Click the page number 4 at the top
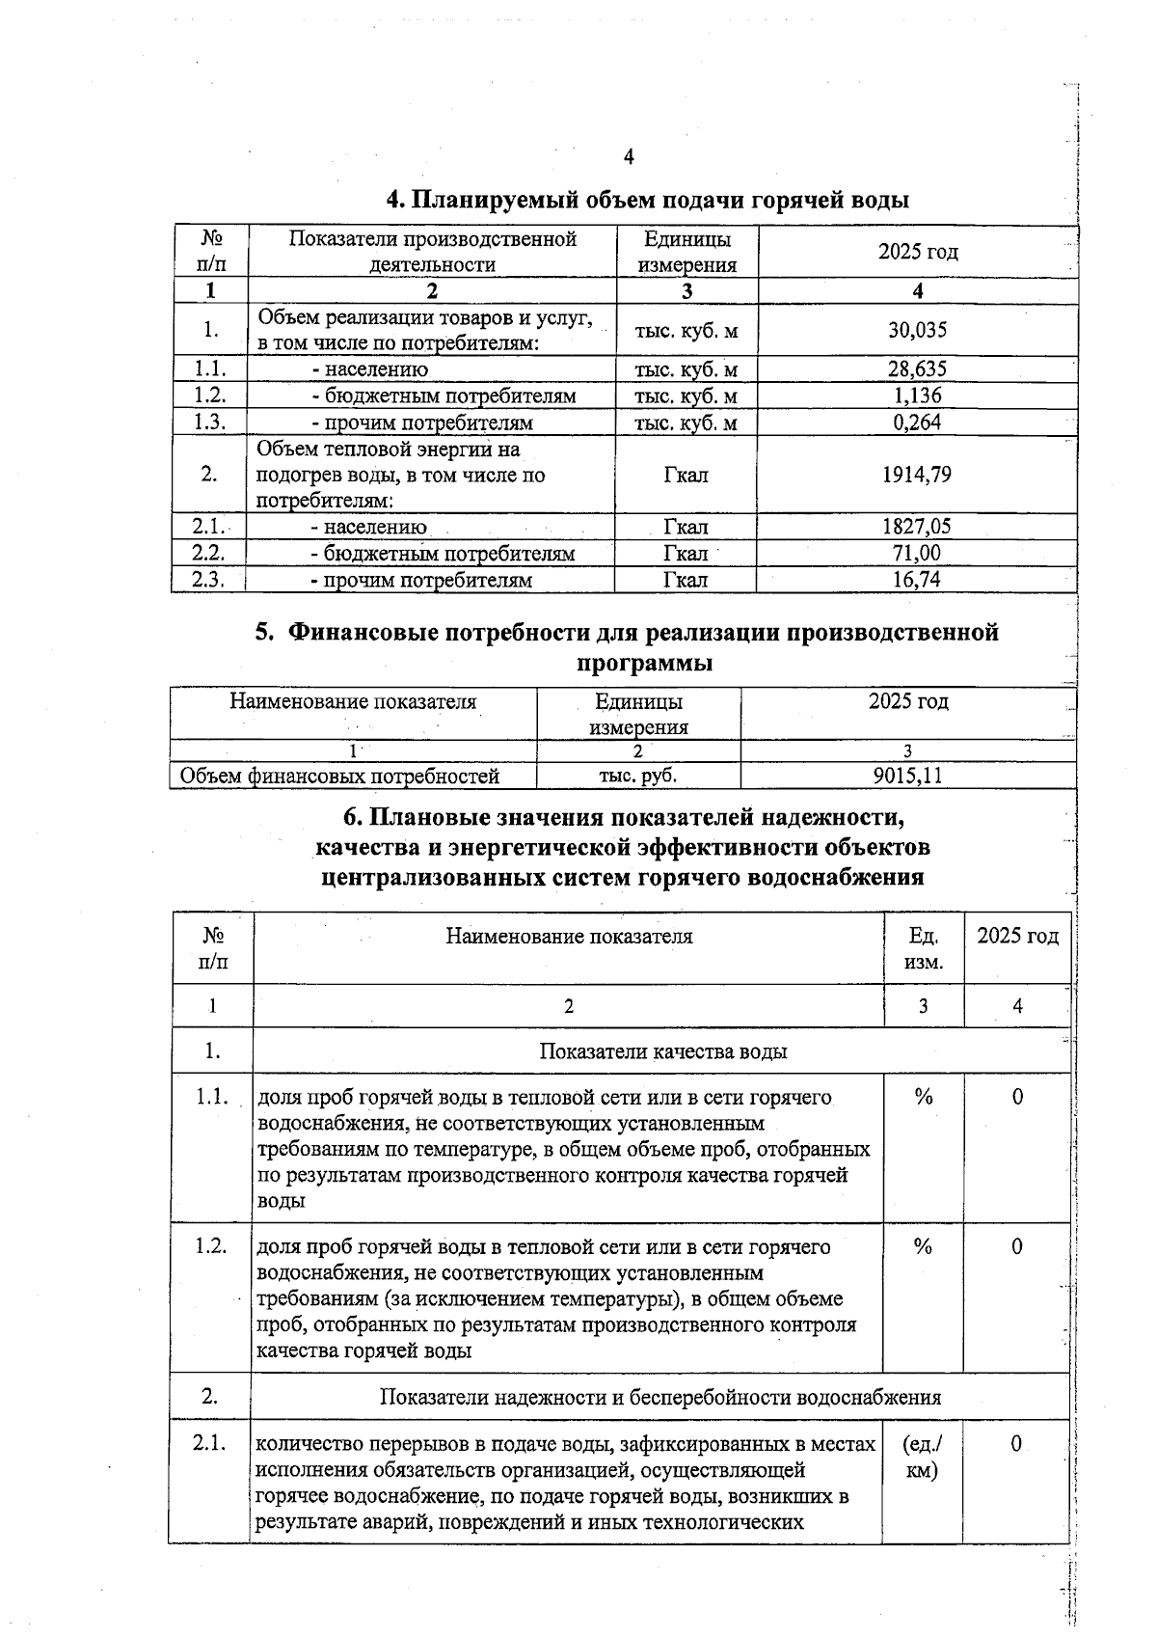pyautogui.click(x=629, y=157)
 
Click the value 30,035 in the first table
pyautogui.click(x=917, y=330)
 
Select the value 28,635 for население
pyautogui.click(x=917, y=368)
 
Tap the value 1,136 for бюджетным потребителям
pyautogui.click(x=917, y=396)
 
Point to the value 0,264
pyautogui.click(x=917, y=422)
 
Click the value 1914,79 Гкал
pyautogui.click(x=917, y=474)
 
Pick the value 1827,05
pyautogui.click(x=917, y=526)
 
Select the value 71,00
pyautogui.click(x=917, y=553)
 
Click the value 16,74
pyautogui.click(x=917, y=579)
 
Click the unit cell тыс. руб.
pyautogui.click(x=638, y=776)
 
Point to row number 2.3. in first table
pyautogui.click(x=208, y=579)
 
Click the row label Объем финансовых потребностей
pyautogui.click(x=339, y=776)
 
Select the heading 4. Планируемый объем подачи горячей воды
pyautogui.click(x=647, y=200)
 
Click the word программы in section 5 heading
pyautogui.click(x=644, y=664)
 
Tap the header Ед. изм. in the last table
pyautogui.click(x=924, y=948)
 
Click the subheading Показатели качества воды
pyautogui.click(x=662, y=1050)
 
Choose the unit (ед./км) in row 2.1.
pyautogui.click(x=923, y=1457)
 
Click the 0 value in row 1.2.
pyautogui.click(x=1017, y=1246)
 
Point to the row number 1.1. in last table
pyautogui.click(x=211, y=1097)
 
